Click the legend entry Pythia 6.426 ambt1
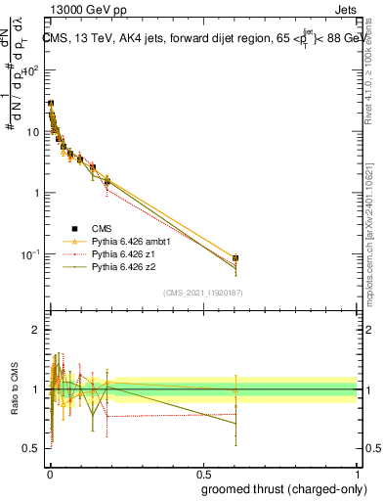(123, 240)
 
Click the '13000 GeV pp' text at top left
(85, 10)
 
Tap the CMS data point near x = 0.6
(235, 258)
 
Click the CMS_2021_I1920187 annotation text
(202, 292)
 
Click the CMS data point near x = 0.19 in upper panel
(107, 181)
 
